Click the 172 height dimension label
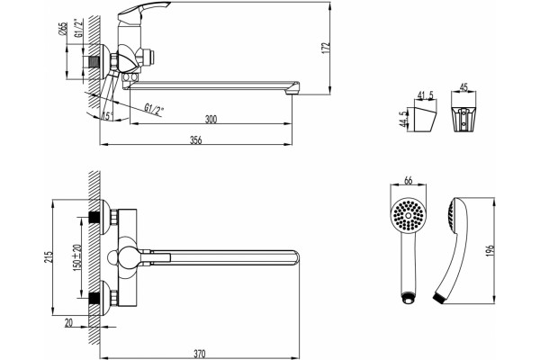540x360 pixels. (x=326, y=47)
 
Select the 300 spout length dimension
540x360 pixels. (x=211, y=119)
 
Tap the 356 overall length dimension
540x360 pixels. (x=196, y=140)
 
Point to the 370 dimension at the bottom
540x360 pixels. (x=200, y=354)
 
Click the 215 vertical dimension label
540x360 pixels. (x=49, y=256)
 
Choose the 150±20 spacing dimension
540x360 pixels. (x=77, y=256)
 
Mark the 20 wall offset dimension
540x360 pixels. (x=69, y=322)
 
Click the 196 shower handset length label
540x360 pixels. (x=490, y=250)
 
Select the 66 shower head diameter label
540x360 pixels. (x=408, y=180)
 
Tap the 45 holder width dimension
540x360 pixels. (x=463, y=87)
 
